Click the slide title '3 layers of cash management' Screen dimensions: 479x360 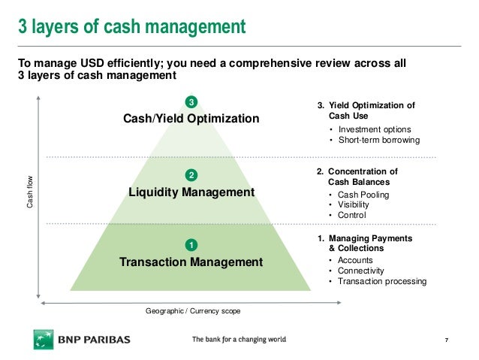coord(131,28)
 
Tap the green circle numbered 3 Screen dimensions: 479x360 coord(191,101)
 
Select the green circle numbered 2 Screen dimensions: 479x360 coord(191,175)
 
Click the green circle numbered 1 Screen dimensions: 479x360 coord(191,245)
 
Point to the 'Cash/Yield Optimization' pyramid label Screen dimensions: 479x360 coord(191,119)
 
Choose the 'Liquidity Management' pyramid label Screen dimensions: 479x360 coord(191,192)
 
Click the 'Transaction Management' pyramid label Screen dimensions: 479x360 coord(191,262)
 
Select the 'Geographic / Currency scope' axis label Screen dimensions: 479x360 coord(194,310)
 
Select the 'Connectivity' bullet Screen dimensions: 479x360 coord(361,271)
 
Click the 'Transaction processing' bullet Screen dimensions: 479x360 coord(382,281)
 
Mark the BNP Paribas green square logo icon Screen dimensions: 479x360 coord(43,340)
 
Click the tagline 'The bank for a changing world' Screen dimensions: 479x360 coord(239,340)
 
